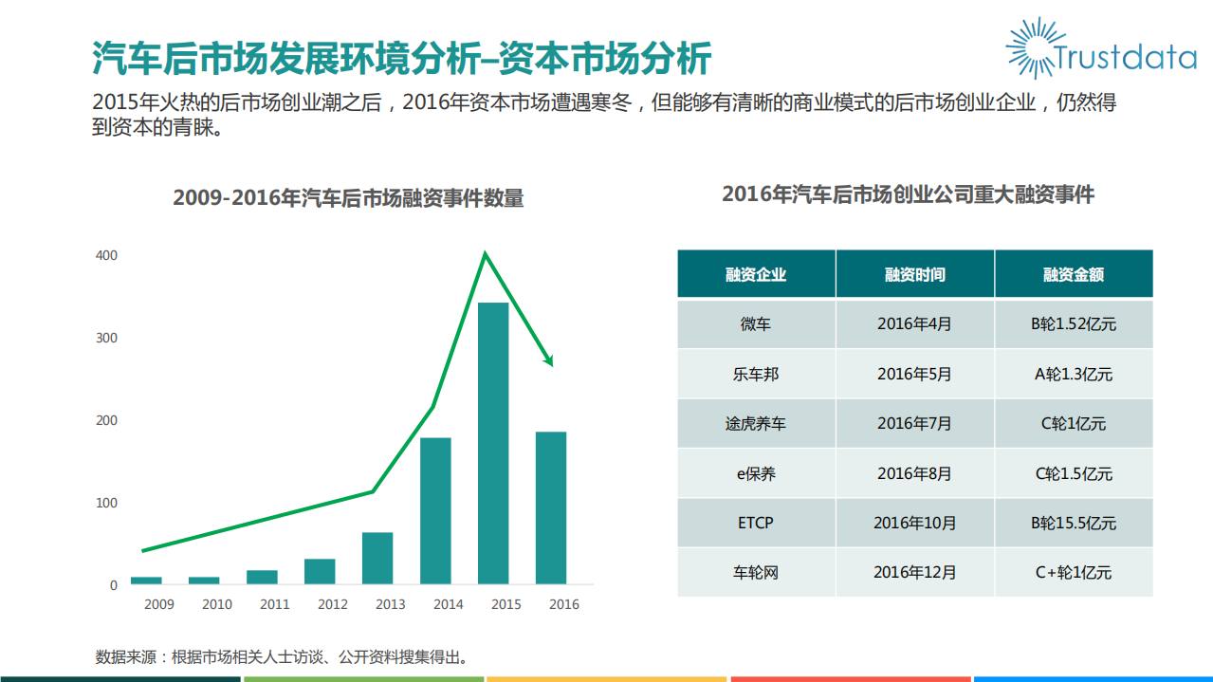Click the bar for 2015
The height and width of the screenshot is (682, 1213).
(x=493, y=443)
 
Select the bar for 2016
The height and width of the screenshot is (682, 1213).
(x=551, y=507)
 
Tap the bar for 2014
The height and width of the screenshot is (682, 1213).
(x=435, y=510)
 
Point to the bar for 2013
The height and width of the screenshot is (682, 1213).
(x=377, y=558)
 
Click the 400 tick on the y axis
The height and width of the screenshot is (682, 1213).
(x=106, y=255)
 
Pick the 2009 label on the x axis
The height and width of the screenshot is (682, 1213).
(x=158, y=604)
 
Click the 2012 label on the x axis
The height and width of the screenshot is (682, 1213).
(x=333, y=604)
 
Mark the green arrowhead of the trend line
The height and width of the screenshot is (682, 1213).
(x=547, y=359)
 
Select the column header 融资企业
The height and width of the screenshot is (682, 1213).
(x=756, y=275)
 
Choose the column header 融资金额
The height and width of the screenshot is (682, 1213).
(x=1074, y=275)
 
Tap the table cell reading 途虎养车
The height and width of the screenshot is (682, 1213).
(x=756, y=424)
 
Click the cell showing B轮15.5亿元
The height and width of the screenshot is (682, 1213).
(x=1074, y=523)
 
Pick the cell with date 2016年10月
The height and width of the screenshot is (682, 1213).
(x=914, y=523)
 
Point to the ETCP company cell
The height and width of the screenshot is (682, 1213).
(x=756, y=523)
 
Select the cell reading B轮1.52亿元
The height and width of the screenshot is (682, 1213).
(x=1074, y=324)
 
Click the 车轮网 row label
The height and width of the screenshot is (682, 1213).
(x=756, y=572)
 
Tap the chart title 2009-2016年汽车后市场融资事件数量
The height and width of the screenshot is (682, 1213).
(x=348, y=198)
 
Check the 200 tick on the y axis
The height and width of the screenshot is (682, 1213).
(x=106, y=420)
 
